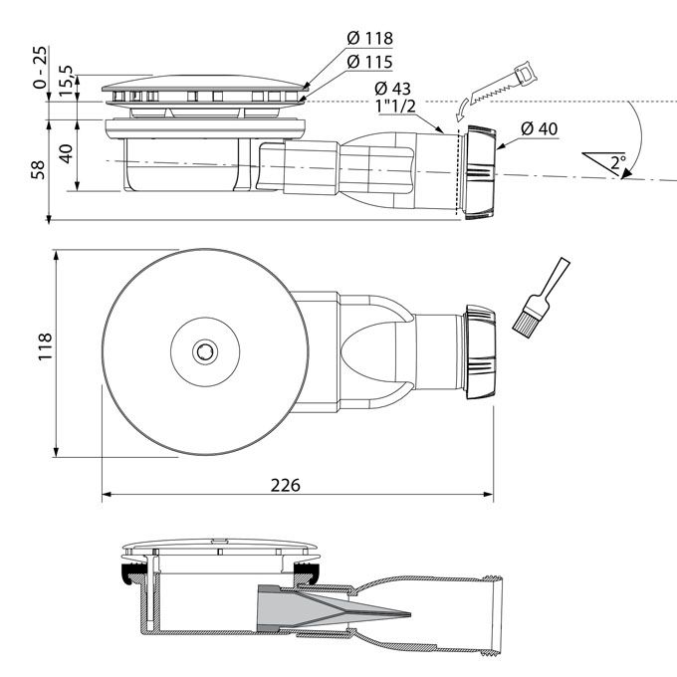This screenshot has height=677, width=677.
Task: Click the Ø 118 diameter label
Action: coord(370,39)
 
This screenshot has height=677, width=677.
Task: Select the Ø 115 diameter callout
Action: coord(370,62)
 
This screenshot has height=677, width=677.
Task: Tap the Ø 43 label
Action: coord(393,89)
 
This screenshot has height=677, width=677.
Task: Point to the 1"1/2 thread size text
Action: coord(396,107)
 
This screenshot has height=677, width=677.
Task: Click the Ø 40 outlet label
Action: coord(540,128)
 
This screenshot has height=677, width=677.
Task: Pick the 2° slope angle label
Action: coord(618,162)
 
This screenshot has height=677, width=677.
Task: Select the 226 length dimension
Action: coord(286,485)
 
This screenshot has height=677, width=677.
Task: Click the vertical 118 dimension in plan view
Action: coord(45,346)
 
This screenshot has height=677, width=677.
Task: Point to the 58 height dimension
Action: coord(39,169)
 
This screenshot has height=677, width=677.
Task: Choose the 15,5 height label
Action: coord(66,81)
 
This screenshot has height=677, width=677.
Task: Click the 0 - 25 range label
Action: coord(39,67)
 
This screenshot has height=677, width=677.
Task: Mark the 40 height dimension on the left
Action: coord(66,154)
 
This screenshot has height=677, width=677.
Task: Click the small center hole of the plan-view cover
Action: coord(205,351)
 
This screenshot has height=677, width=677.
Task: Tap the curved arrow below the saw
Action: coord(461,110)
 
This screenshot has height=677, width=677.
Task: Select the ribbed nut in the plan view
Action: coord(481,351)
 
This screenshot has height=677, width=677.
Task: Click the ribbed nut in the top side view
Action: coord(481,172)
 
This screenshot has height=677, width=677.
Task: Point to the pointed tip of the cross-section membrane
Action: coord(408,614)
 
